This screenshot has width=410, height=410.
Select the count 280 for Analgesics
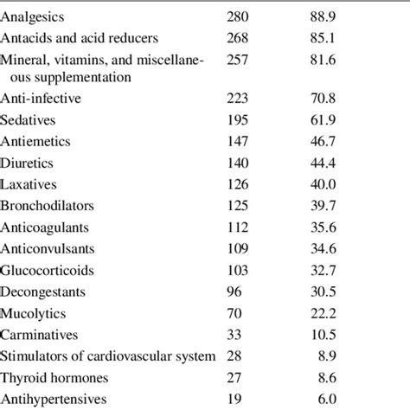pyautogui.click(x=237, y=16)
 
